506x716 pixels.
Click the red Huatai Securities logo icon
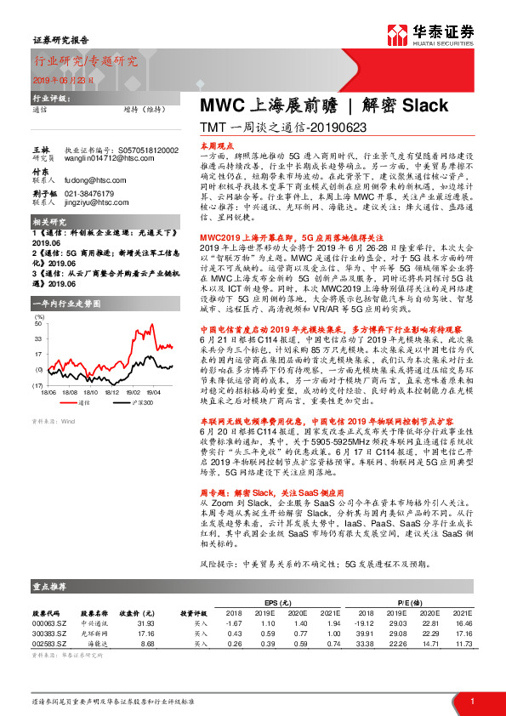click(397, 33)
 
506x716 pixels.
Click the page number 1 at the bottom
click(471, 702)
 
